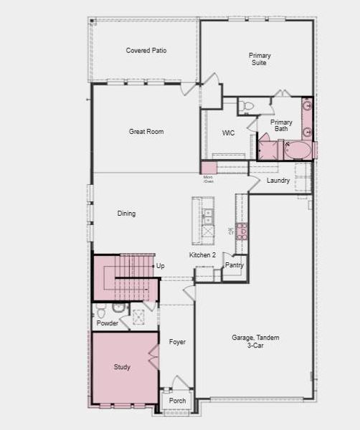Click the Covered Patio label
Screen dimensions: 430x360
point(146,50)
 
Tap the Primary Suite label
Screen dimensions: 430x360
point(260,59)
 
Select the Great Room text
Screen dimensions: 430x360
point(146,131)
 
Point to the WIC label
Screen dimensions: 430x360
point(229,133)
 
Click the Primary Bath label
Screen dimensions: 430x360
point(281,125)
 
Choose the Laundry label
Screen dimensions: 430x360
point(278,181)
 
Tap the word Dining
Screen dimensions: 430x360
point(126,214)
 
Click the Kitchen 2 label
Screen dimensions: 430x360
point(202,255)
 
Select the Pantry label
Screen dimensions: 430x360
point(235,265)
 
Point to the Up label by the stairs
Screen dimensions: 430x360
point(161,266)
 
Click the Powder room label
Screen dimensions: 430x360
point(107,323)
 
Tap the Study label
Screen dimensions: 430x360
point(122,367)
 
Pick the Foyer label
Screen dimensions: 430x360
point(177,342)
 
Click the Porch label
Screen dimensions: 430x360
point(177,401)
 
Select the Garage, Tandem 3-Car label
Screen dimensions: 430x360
point(255,341)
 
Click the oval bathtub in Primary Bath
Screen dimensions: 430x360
point(298,150)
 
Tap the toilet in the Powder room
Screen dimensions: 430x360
point(101,310)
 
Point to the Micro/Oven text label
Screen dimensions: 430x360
point(208,178)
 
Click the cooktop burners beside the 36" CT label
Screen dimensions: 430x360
point(242,231)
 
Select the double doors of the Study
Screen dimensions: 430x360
point(153,356)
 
